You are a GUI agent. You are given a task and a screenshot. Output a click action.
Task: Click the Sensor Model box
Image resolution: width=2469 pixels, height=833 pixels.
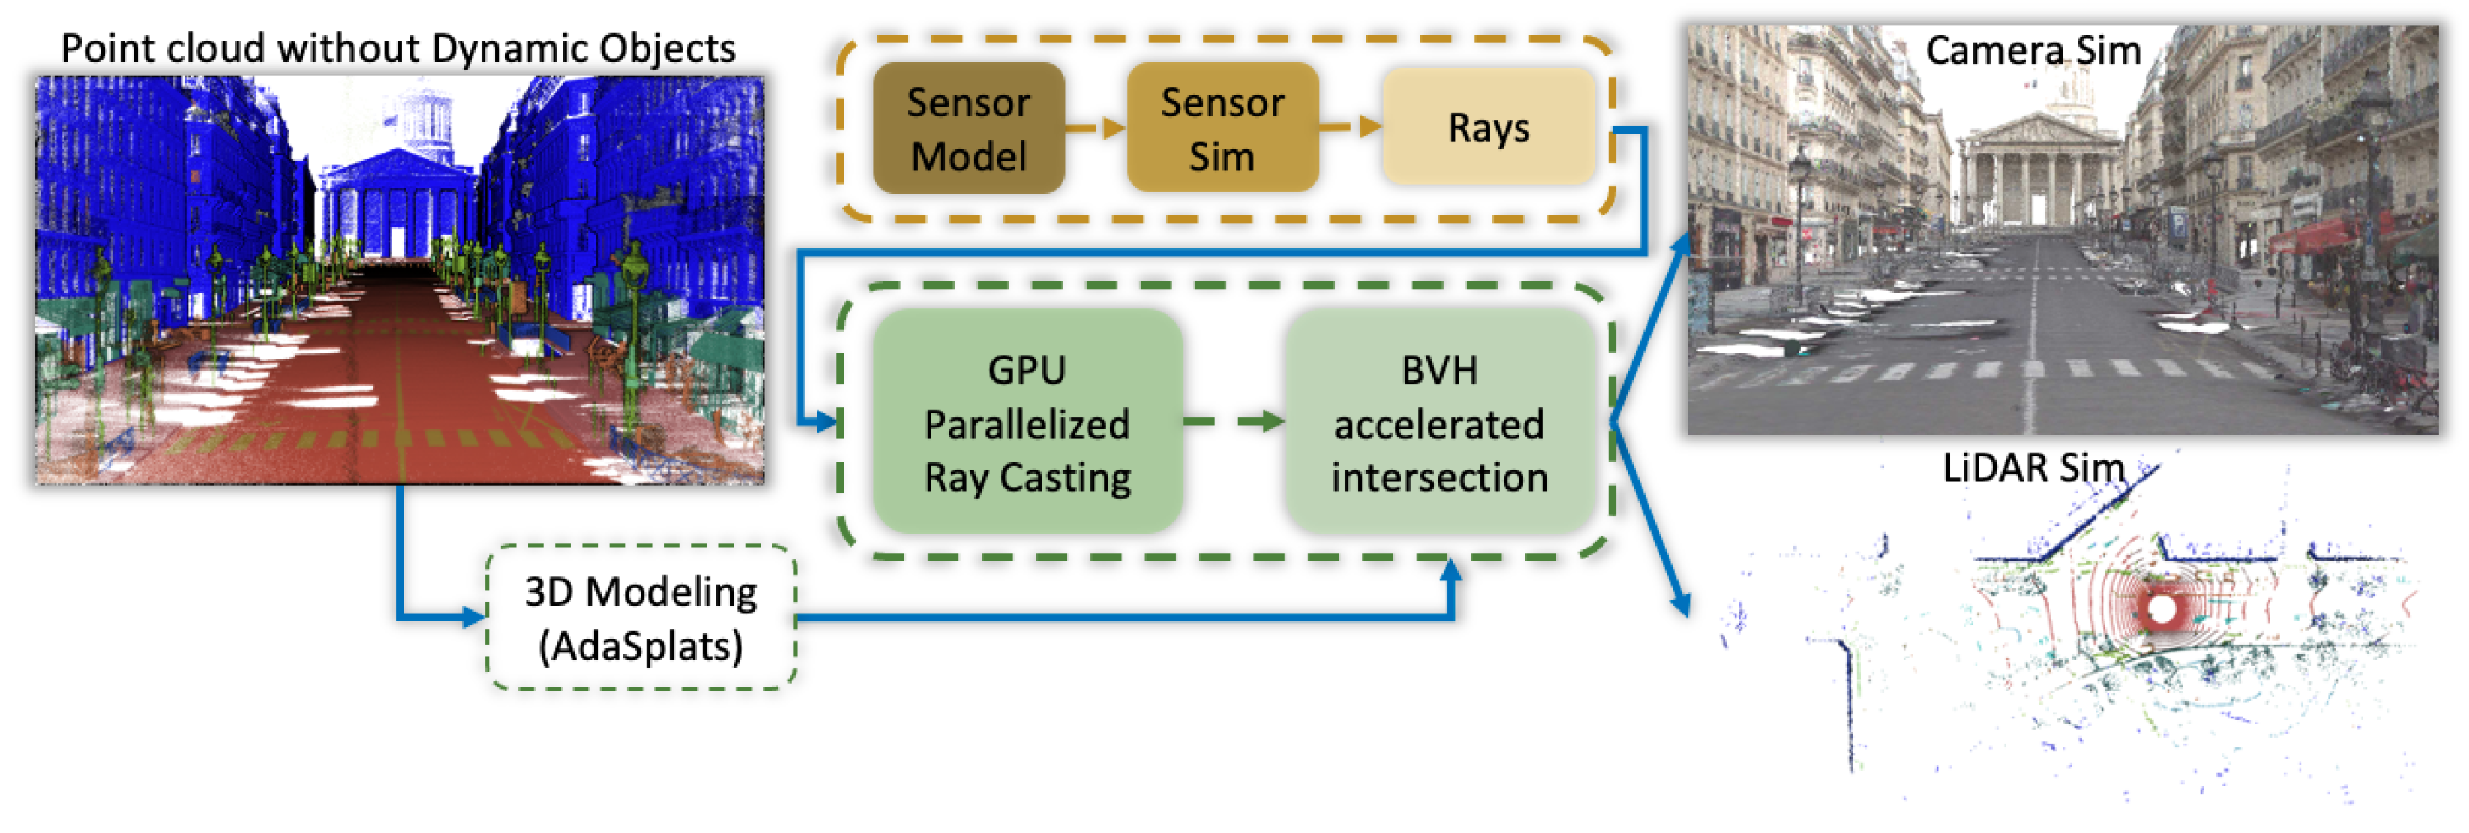click(x=968, y=128)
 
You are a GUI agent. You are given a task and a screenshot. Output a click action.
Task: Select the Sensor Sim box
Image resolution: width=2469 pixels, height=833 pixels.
click(x=1221, y=128)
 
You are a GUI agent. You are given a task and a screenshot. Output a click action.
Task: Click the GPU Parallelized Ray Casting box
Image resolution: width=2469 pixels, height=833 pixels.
click(x=1027, y=422)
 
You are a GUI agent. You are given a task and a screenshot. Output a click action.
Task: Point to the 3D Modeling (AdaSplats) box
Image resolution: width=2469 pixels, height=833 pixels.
click(x=640, y=618)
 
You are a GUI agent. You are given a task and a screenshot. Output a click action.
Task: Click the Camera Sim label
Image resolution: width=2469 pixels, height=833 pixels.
click(x=2032, y=50)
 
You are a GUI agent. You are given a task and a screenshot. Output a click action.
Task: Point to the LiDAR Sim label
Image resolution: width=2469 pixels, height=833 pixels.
click(x=2032, y=468)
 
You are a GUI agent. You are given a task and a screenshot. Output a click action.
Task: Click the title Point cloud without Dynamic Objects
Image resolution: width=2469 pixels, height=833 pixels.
click(x=397, y=48)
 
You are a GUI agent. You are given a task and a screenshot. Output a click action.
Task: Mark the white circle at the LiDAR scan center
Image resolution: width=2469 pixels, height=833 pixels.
click(x=2162, y=608)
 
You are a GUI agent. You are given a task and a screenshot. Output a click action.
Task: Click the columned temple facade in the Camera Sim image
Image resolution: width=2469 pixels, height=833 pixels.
click(x=2037, y=177)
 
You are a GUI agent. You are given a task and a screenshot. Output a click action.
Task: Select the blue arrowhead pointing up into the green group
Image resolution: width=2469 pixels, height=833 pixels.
click(x=1451, y=571)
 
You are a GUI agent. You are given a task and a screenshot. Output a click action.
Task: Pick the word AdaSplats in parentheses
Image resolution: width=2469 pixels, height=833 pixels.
click(x=640, y=646)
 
